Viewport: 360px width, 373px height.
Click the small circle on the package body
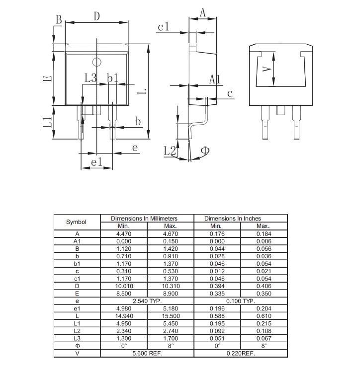coord(97,63)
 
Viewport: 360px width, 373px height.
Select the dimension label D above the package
coord(97,16)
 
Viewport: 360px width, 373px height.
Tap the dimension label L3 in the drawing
coord(90,78)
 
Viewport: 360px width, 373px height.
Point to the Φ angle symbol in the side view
coord(205,150)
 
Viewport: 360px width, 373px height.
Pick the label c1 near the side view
coord(164,27)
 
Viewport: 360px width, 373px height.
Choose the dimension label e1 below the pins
coord(96,162)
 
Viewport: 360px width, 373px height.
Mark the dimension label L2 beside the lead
coord(170,150)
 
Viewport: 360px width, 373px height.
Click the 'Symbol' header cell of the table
coord(77,222)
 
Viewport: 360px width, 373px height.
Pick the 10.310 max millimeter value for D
coord(170,286)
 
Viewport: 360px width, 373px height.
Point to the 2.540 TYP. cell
coord(147,301)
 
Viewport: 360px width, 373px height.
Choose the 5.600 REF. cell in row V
coord(147,354)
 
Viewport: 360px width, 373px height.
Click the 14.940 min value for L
coord(123,316)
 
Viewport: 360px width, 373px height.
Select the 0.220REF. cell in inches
coord(240,354)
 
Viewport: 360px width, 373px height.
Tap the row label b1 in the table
coord(77,264)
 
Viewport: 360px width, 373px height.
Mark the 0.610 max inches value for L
coord(264,316)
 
